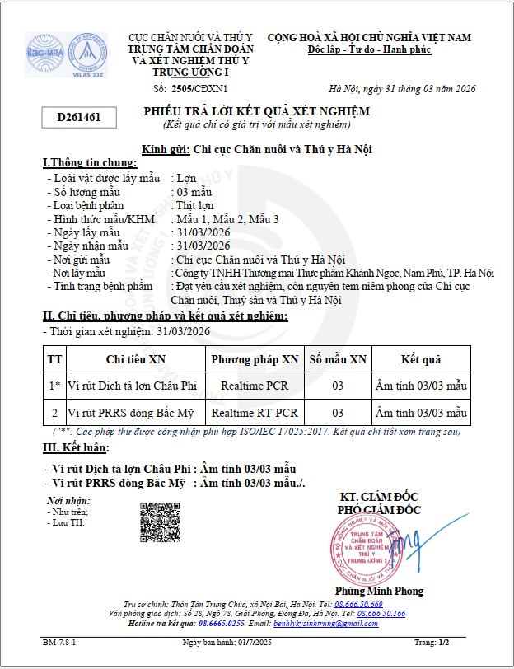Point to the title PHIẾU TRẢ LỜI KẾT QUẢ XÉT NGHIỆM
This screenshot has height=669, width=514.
[x=257, y=111]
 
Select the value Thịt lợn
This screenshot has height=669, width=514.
[x=195, y=205]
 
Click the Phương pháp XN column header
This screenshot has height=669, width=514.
[x=255, y=359]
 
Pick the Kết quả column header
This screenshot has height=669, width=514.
[x=420, y=359]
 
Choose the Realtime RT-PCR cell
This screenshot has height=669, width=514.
[x=255, y=412]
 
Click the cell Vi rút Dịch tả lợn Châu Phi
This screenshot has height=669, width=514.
[x=133, y=385]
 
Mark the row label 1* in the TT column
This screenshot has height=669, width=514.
[x=54, y=385]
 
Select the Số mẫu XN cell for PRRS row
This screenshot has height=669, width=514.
[x=337, y=412]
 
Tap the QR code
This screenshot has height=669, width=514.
[x=160, y=521]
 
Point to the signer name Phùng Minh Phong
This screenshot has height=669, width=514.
[x=378, y=591]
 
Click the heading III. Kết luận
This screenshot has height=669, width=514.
[x=75, y=448]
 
